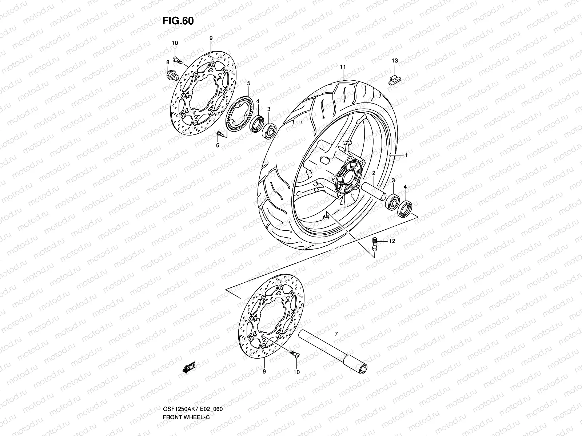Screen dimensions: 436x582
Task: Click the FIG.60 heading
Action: coord(178,21)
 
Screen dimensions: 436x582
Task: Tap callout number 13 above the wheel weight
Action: coord(395,60)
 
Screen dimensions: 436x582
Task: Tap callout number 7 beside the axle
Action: coord(336,333)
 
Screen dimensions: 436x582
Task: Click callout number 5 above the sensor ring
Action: coord(248,84)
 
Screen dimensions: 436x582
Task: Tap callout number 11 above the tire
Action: coord(343,67)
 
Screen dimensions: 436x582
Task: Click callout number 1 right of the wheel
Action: coord(406,155)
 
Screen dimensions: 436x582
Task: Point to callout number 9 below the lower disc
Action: coord(264,372)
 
